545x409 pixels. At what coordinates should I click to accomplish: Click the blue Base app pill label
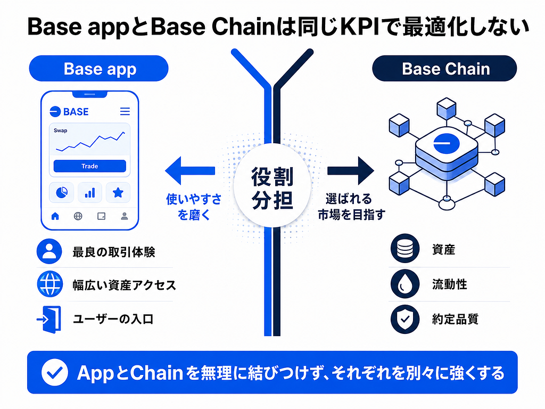click(x=98, y=69)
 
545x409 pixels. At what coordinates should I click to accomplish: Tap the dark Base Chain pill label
click(x=444, y=69)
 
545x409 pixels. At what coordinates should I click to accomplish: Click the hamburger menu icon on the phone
click(x=125, y=111)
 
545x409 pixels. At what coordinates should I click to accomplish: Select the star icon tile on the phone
click(x=118, y=192)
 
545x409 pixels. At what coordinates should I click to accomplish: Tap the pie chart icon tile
click(x=62, y=192)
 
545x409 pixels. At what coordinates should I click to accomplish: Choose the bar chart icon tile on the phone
click(x=89, y=192)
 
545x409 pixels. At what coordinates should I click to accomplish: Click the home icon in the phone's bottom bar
click(x=55, y=216)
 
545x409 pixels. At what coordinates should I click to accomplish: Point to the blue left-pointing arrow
click(x=190, y=170)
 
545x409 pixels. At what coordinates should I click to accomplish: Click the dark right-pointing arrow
click(x=351, y=170)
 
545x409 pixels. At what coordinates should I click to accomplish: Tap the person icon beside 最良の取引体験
click(x=49, y=251)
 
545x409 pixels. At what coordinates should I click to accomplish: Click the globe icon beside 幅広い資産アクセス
click(x=49, y=284)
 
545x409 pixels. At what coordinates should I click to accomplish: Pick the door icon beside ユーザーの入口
click(x=49, y=320)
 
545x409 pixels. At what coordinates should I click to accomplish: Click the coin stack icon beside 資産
click(x=405, y=248)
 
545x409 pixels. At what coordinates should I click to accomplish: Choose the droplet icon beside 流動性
click(x=405, y=284)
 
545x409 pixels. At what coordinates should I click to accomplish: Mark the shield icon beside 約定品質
click(x=405, y=320)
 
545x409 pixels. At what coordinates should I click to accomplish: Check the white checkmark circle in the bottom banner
click(x=55, y=372)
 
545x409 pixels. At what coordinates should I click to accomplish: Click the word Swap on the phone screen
click(x=61, y=130)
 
